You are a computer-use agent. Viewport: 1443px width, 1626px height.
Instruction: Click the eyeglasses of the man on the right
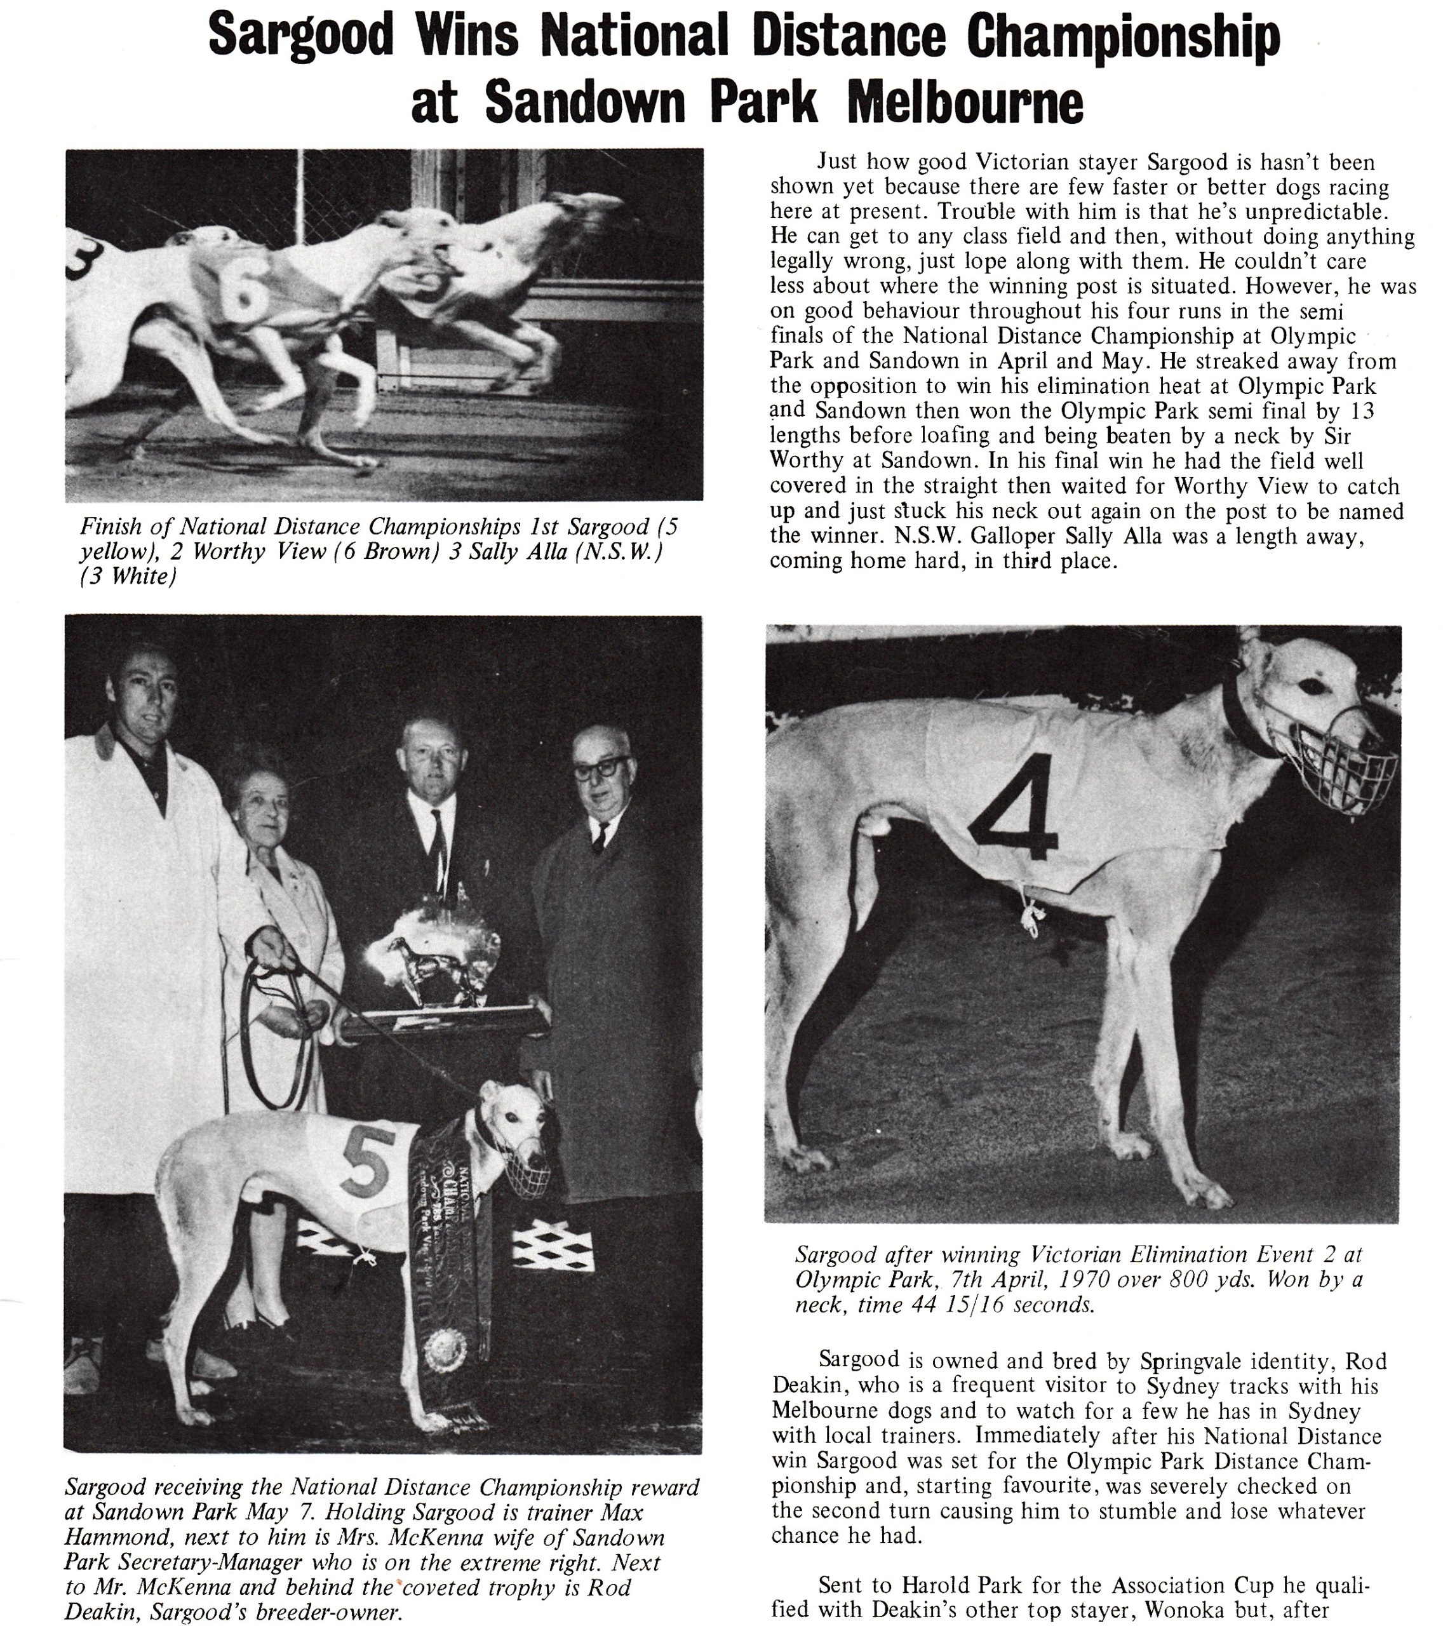click(x=601, y=769)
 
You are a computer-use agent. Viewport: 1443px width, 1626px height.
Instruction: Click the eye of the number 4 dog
click(x=1306, y=685)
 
